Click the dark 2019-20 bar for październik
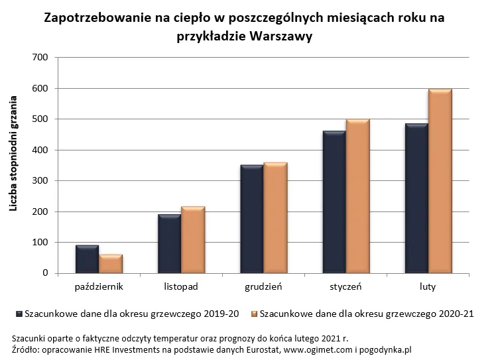(87, 259)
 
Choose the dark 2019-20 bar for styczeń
(334, 202)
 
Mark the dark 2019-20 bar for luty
(416, 198)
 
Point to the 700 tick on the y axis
(40, 58)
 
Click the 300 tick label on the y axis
(40, 181)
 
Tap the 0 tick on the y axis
(46, 273)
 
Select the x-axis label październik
(99, 287)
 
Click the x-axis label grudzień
(263, 287)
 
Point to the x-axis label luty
(428, 287)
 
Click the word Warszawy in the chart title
(282, 36)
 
